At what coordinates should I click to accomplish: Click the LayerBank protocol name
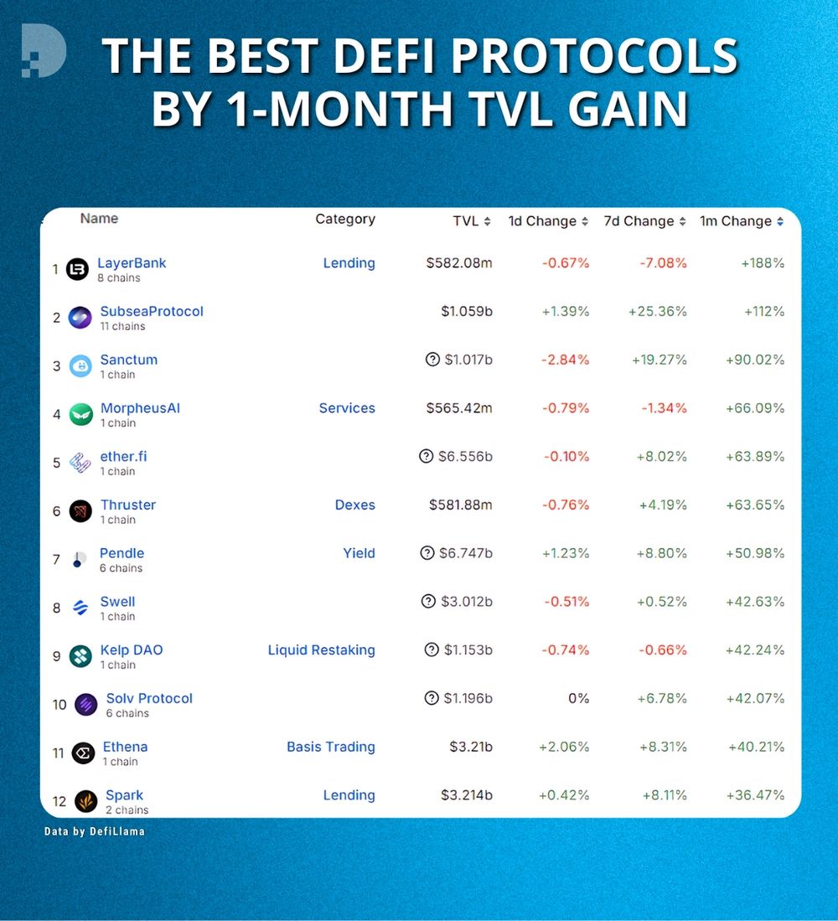pyautogui.click(x=132, y=263)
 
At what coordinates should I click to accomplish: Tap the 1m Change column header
pyautogui.click(x=741, y=221)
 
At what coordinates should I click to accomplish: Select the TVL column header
pyautogui.click(x=471, y=221)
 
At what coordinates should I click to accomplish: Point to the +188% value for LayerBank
pyautogui.click(x=763, y=263)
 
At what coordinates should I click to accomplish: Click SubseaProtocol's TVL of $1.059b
pyautogui.click(x=467, y=311)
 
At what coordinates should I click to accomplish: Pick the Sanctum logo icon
pyautogui.click(x=80, y=366)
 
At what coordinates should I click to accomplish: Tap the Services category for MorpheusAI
pyautogui.click(x=346, y=408)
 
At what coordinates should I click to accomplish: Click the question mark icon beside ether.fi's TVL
pyautogui.click(x=426, y=457)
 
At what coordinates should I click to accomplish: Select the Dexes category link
pyautogui.click(x=354, y=505)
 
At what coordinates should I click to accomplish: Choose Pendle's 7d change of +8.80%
pyautogui.click(x=661, y=553)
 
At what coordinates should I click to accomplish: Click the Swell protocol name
pyautogui.click(x=117, y=602)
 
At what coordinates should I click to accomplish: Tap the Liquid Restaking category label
pyautogui.click(x=321, y=650)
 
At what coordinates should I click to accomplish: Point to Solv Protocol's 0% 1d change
pyautogui.click(x=578, y=698)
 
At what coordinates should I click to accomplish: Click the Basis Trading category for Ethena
pyautogui.click(x=331, y=747)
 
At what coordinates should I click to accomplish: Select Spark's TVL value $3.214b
pyautogui.click(x=467, y=795)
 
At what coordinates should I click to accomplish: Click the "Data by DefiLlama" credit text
pyautogui.click(x=95, y=831)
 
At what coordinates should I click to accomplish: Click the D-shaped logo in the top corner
pyautogui.click(x=44, y=50)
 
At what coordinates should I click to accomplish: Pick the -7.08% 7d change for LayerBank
pyautogui.click(x=663, y=263)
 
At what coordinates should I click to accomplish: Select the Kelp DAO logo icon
pyautogui.click(x=80, y=656)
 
